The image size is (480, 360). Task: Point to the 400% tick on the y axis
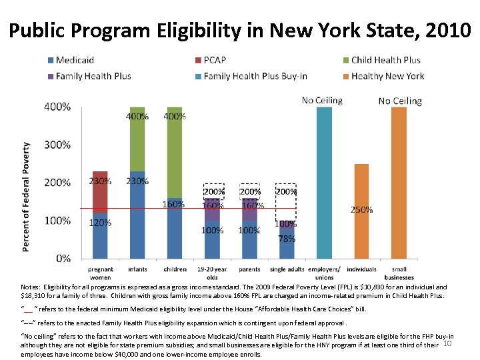pos(57,107)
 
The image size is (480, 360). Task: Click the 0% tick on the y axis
pos(64,258)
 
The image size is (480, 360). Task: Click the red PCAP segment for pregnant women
pos(100,191)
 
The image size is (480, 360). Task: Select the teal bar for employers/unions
pos(324,182)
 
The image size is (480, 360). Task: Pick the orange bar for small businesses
pos(399,182)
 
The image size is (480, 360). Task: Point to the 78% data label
pos(287,239)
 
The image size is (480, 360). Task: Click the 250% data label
pos(362,209)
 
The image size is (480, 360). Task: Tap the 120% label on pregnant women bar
pos(100,223)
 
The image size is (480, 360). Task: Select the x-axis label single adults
pos(287,269)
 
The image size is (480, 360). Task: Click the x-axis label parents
pos(249,269)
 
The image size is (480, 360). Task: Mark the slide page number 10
pos(447,343)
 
